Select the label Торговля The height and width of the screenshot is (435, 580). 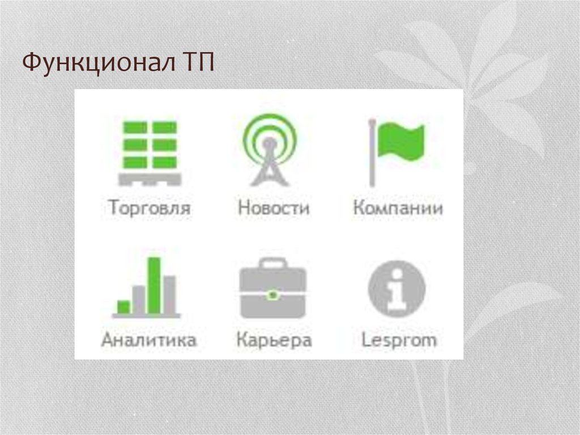tap(150, 208)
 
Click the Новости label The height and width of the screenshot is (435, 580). tap(274, 208)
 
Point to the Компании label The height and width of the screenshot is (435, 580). tap(398, 208)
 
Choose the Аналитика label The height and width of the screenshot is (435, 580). tap(149, 340)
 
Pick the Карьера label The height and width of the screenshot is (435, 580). tap(274, 341)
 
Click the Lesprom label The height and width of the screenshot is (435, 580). tap(399, 340)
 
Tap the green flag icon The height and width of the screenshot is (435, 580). tap(401, 141)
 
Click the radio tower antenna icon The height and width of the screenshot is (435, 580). tap(270, 150)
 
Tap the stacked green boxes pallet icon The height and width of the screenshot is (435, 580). tap(150, 145)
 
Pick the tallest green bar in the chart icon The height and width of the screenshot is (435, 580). tap(154, 285)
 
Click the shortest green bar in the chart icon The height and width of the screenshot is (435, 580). tap(123, 307)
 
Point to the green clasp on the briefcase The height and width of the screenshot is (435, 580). tap(273, 295)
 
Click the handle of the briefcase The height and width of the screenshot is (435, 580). tap(273, 263)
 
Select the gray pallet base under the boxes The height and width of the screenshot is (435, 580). tap(150, 179)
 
